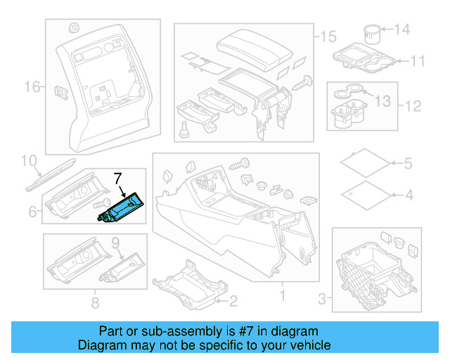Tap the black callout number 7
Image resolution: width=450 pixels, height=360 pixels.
[118, 179]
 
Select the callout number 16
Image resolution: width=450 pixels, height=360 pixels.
[32, 86]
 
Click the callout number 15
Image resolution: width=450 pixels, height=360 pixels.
[328, 37]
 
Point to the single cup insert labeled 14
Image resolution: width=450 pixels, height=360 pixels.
[372, 34]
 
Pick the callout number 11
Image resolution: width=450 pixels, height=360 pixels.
[418, 61]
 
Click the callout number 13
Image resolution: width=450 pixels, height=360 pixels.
[382, 101]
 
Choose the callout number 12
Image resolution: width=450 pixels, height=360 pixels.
[413, 106]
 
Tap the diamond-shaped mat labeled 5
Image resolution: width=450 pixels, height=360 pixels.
[365, 163]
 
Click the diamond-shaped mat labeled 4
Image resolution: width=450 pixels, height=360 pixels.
[366, 195]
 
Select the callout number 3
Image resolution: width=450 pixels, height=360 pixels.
[322, 299]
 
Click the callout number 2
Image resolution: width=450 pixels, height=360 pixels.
[233, 301]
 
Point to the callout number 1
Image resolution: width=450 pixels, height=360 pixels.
[283, 295]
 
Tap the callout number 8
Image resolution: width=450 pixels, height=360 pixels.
[96, 302]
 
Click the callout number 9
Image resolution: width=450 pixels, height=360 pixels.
[115, 243]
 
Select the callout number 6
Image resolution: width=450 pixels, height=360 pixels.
[32, 212]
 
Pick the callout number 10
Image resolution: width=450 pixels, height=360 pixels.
[29, 160]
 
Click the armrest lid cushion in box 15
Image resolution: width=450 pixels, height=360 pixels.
[255, 50]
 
